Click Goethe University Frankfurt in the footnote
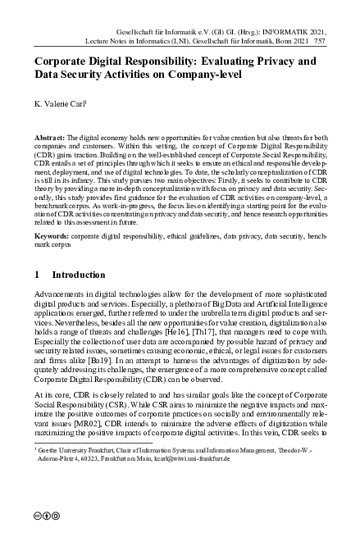68,473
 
